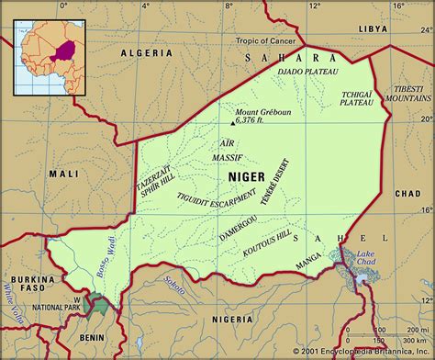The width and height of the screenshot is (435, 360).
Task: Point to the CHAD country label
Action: click(x=406, y=194)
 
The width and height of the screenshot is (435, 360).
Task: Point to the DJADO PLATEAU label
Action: click(x=307, y=72)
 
